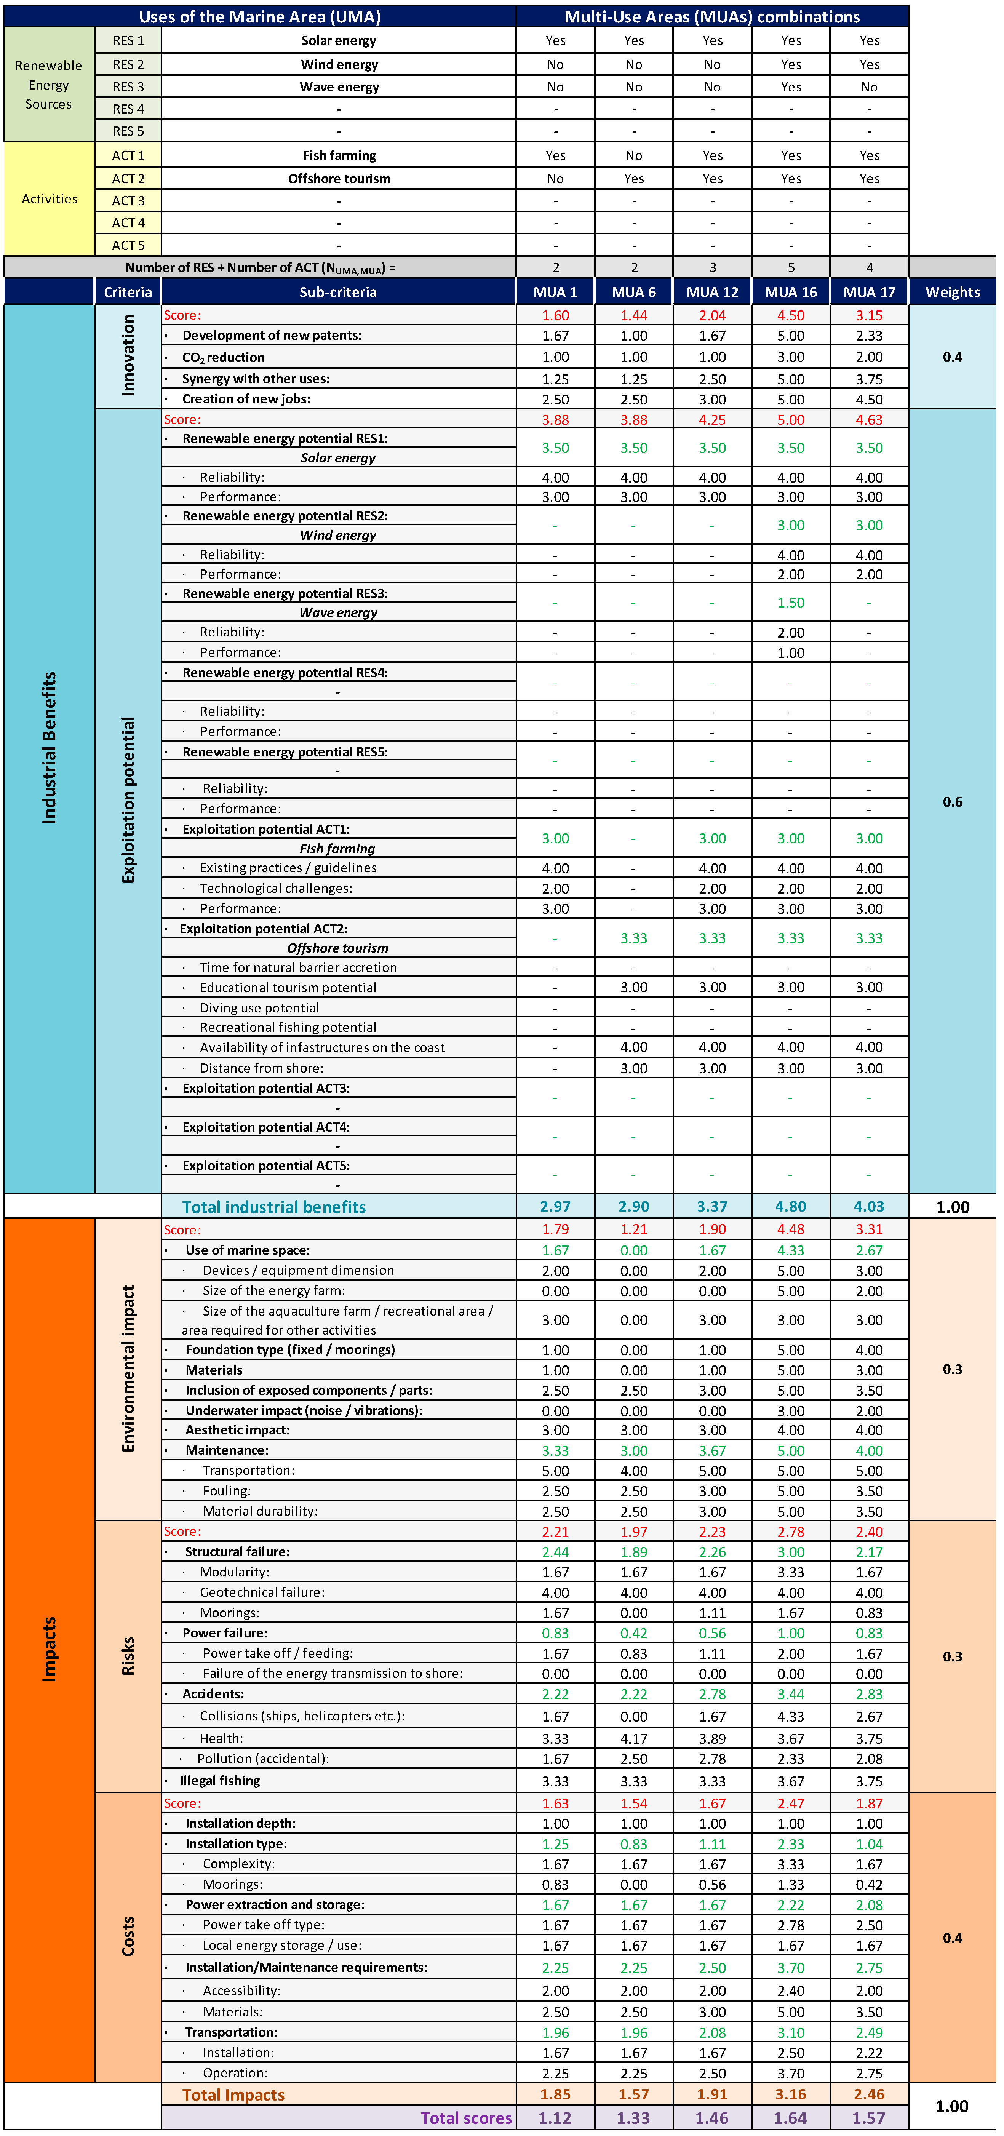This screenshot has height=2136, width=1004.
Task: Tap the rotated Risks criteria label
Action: coord(128,1656)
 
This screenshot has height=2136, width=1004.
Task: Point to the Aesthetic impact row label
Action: coord(237,1429)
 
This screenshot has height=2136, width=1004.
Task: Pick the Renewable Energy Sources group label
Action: coord(49,85)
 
